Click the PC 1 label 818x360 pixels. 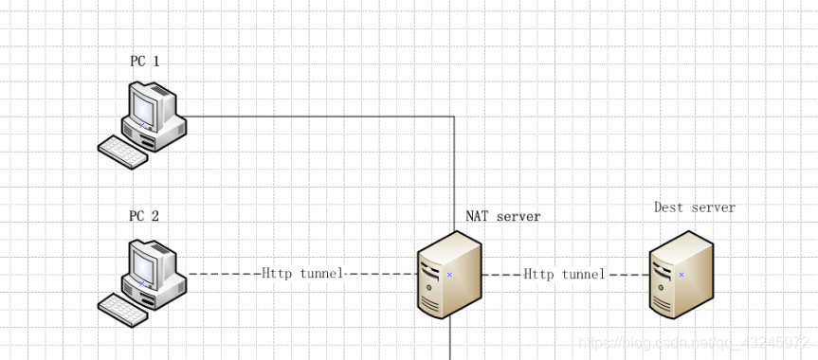[145, 62]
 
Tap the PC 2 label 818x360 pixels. [144, 216]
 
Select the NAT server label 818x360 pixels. [502, 216]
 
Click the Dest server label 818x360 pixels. [694, 207]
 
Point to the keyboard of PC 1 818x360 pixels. [123, 152]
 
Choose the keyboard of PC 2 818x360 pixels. [123, 309]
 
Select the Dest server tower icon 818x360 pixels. [682, 275]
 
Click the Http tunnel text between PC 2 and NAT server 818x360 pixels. [302, 274]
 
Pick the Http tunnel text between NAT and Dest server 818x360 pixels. [565, 274]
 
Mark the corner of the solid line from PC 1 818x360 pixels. [454, 117]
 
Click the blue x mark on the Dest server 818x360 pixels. [682, 275]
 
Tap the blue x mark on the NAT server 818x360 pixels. [449, 275]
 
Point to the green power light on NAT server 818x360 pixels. [429, 286]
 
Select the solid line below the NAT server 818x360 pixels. [450, 341]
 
